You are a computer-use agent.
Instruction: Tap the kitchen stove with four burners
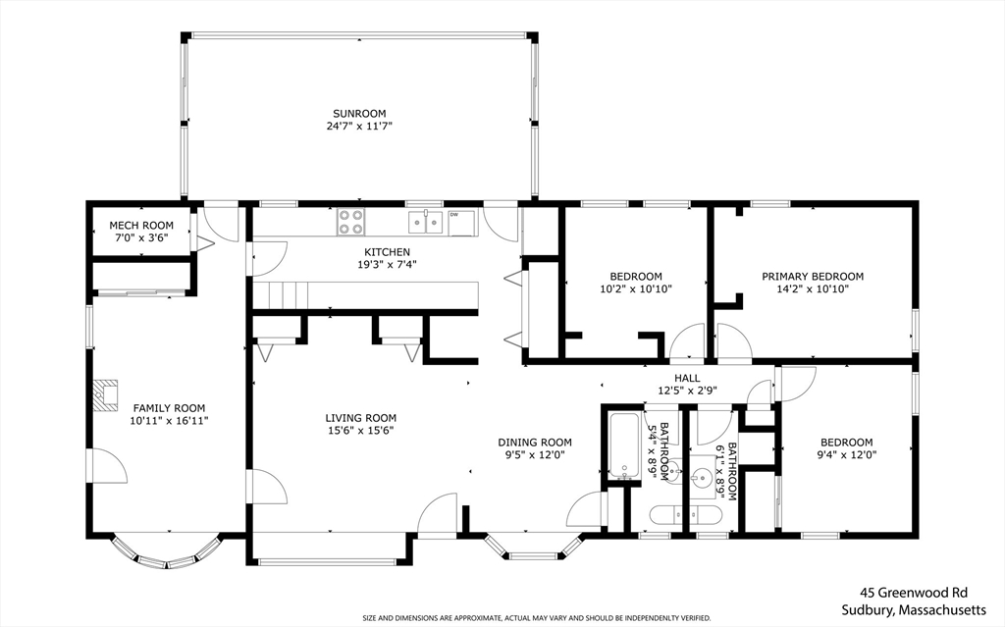(350, 223)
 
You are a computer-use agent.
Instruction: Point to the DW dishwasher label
(454, 214)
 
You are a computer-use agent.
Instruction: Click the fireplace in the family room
(103, 393)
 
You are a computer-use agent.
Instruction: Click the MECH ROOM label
(140, 226)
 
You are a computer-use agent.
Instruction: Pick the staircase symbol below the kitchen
(280, 293)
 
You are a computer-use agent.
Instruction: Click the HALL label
(687, 378)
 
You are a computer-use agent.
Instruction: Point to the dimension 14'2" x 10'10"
(813, 289)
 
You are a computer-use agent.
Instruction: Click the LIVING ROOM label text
(361, 418)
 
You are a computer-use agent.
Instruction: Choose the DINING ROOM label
(534, 442)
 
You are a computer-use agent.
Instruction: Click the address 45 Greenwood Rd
(914, 592)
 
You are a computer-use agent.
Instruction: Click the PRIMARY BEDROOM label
(813, 277)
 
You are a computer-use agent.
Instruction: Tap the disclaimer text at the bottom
(536, 618)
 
